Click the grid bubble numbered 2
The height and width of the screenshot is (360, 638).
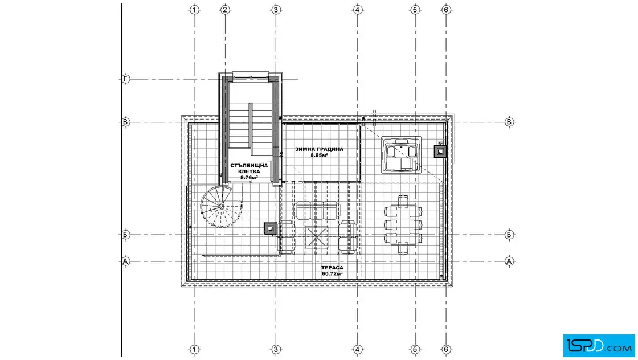point(226,10)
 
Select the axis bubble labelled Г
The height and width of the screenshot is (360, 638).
point(126,79)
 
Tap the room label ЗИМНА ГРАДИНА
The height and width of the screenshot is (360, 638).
point(320,149)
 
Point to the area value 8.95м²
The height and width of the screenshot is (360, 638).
point(320,156)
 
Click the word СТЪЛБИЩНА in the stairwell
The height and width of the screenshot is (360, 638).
point(249,166)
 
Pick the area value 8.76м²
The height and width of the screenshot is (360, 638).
point(249,177)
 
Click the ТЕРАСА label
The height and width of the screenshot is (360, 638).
point(332,268)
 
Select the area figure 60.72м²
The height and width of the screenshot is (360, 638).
point(332,274)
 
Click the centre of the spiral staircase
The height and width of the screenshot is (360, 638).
point(221,207)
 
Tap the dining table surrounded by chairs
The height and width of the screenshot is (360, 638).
point(403,225)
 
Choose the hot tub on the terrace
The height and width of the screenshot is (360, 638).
point(401,154)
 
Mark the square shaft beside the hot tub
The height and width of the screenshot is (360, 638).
point(440,152)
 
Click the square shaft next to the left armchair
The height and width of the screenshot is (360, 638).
point(270,228)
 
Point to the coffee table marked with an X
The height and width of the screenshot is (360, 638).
point(317,236)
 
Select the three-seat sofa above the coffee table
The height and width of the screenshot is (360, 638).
point(317,210)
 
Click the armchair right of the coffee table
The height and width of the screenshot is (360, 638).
point(348,237)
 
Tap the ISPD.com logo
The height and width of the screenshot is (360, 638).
point(599,346)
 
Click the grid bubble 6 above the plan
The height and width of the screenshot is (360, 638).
point(447,10)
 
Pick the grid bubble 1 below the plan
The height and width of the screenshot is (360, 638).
point(194,349)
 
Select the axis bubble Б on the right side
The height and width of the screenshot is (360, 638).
point(509,235)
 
